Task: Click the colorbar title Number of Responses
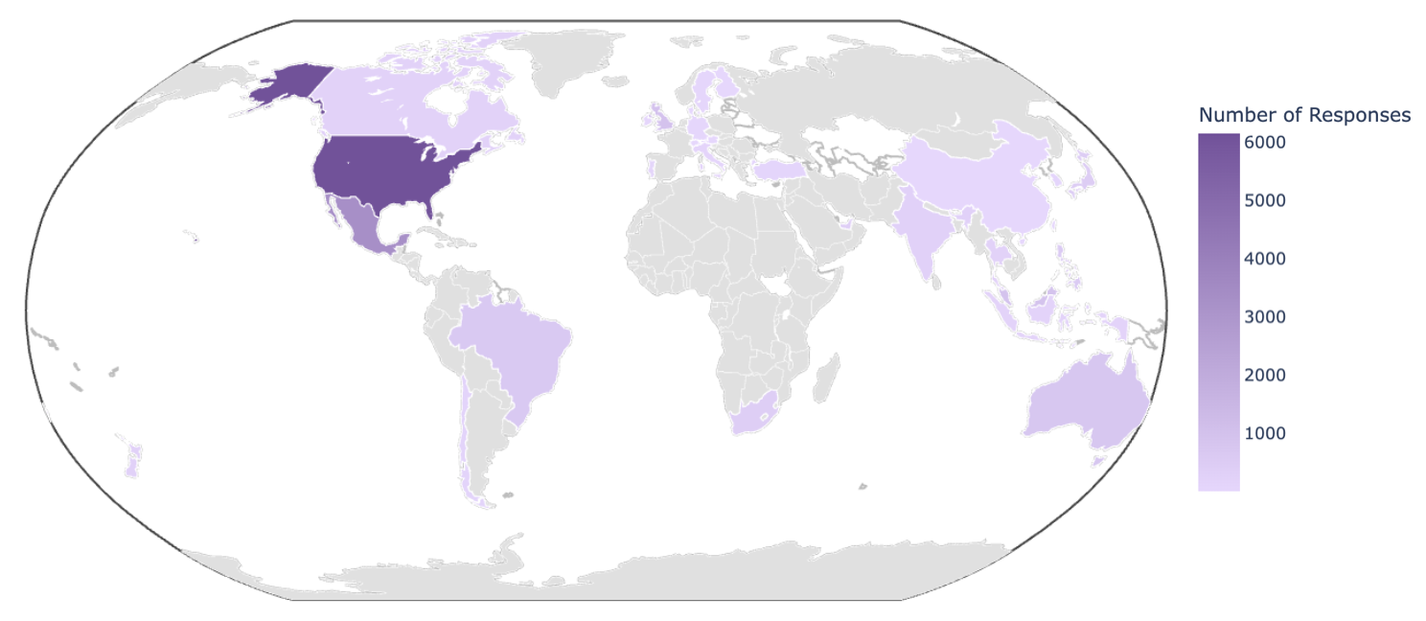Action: [1304, 115]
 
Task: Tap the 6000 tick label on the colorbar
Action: [1265, 142]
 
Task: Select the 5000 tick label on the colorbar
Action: [1265, 200]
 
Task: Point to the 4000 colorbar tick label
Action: [1265, 259]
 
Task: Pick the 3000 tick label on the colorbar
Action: [1265, 317]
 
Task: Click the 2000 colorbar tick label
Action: [1265, 375]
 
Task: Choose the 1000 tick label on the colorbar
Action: [1265, 433]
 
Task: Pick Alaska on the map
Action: [287, 84]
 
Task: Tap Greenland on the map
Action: [565, 57]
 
